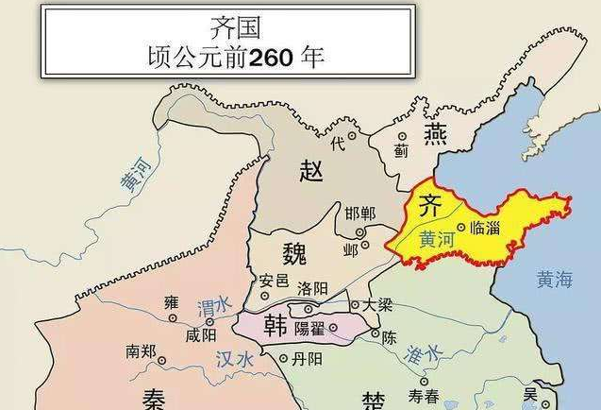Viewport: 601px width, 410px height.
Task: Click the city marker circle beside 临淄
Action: coord(460,228)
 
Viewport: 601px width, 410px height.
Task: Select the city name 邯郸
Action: coord(360,214)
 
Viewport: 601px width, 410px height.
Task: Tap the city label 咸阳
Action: coord(201,335)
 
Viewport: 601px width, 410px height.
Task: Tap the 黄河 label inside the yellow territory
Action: coord(437,240)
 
